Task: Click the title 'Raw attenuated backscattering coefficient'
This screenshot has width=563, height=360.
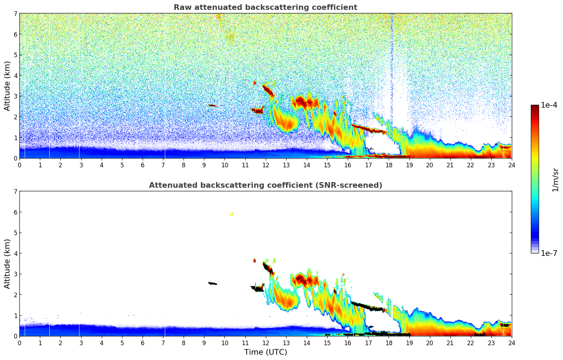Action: [x=265, y=7]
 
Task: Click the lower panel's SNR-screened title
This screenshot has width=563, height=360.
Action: [x=265, y=185]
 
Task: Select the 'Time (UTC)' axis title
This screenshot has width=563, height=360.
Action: [x=265, y=352]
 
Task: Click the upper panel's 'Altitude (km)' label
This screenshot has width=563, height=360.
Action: [x=7, y=86]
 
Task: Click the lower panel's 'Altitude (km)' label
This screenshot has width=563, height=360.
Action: [x=7, y=264]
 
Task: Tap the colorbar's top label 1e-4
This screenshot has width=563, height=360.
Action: [x=549, y=105]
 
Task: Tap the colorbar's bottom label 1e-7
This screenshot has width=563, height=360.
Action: [x=549, y=253]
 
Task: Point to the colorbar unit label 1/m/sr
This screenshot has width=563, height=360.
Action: [x=555, y=180]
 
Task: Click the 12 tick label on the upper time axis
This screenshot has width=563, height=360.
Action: [x=265, y=165]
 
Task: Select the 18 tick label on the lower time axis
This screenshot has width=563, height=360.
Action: [x=389, y=343]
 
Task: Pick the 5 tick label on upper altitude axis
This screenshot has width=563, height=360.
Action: [x=16, y=55]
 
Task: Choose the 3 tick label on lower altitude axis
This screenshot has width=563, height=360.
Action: [x=16, y=274]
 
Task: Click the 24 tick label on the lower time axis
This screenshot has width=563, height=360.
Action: [x=511, y=343]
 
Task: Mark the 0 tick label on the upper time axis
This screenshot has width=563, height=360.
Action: [x=19, y=165]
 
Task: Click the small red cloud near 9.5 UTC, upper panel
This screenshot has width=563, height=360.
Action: [x=212, y=105]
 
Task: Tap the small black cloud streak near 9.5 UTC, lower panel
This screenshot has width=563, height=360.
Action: [x=212, y=283]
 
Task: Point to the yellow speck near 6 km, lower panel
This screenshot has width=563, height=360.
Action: [x=232, y=214]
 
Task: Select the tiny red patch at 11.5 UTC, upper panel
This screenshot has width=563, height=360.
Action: [x=254, y=83]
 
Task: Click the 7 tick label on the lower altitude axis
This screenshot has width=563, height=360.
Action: [x=16, y=192]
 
